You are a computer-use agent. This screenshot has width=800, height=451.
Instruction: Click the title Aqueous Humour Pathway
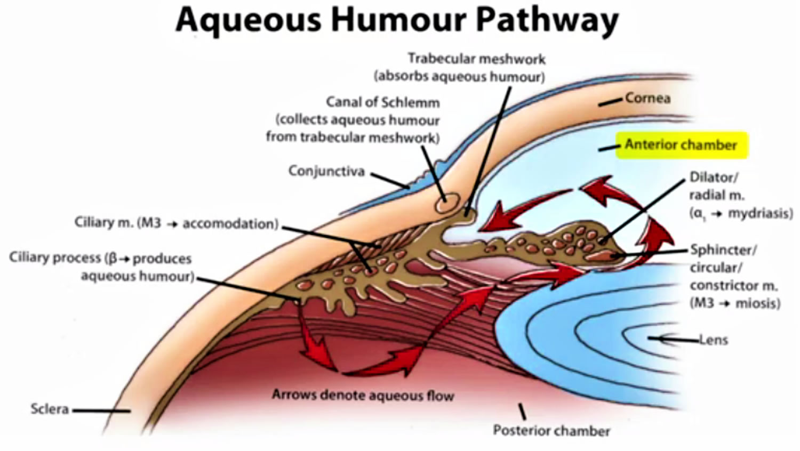pos(397,20)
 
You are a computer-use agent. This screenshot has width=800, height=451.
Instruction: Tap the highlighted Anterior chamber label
pos(681,145)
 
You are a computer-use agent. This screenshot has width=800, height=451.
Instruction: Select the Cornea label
pos(647,98)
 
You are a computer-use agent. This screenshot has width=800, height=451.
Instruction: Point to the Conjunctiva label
pos(326,171)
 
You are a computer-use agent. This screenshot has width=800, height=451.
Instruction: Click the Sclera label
pos(50,409)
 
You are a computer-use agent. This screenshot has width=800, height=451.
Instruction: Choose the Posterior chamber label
pos(551,431)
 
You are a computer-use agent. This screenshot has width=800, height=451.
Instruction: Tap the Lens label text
pos(713,340)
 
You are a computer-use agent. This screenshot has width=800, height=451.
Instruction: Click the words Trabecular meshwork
pos(477,59)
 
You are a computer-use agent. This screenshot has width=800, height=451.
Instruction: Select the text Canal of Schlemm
pos(383,102)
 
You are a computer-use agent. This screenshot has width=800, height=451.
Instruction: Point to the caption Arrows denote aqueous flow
pos(363,396)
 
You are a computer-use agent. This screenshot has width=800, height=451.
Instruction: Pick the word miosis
pos(758,303)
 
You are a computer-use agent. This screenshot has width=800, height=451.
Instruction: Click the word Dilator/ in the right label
pos(714,178)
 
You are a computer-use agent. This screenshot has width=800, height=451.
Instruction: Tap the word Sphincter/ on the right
pos(724,250)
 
